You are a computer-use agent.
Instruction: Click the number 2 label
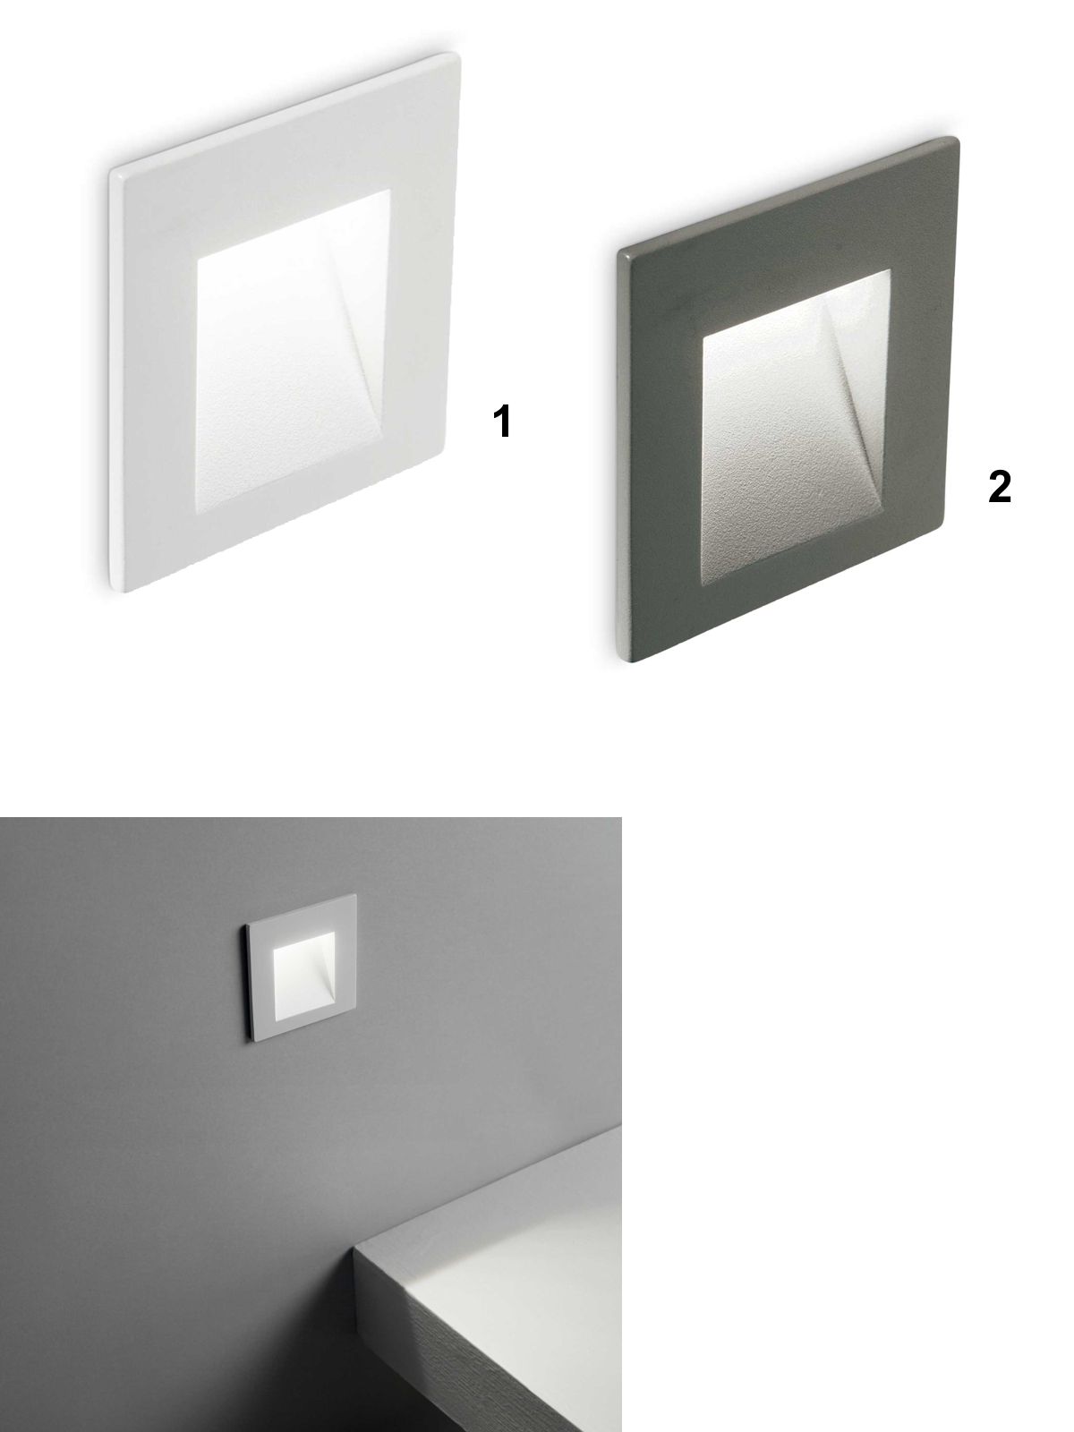[999, 487]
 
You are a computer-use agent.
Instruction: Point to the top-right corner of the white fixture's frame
[458, 55]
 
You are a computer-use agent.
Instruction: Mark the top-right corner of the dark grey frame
[957, 139]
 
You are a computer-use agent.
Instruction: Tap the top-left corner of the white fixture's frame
[112, 173]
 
